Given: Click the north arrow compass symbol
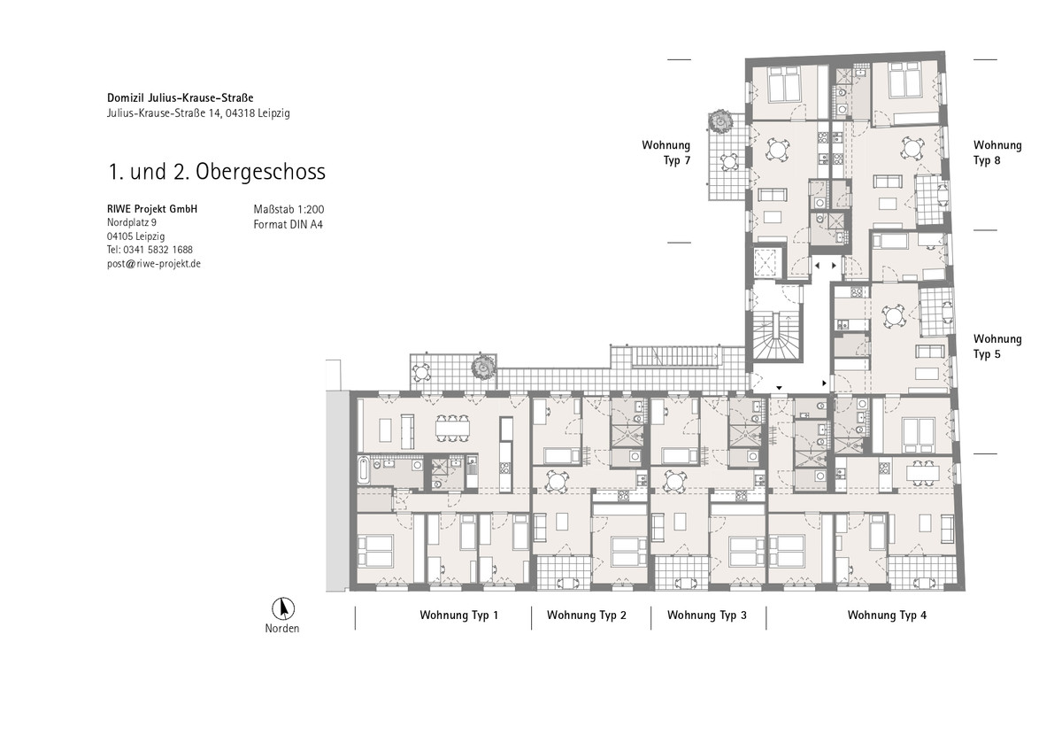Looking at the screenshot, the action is (x=283, y=608).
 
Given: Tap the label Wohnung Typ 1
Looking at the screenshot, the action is (x=458, y=616).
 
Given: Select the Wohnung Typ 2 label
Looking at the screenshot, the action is (x=587, y=616).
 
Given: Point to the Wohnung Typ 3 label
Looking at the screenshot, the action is (x=707, y=616).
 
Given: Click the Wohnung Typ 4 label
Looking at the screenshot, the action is (x=887, y=616).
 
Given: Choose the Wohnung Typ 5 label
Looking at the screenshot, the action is (x=997, y=346).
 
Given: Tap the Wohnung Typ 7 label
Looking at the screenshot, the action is (x=666, y=152).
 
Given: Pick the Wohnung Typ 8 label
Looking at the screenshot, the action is (x=997, y=152).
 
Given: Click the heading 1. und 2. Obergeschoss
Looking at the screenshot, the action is (x=217, y=172).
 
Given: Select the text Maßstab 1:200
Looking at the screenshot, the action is (x=289, y=209).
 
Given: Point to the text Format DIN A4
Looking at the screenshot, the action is (x=288, y=224).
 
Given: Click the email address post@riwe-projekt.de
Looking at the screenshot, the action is (x=154, y=264).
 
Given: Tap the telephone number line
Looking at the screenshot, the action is (x=150, y=250).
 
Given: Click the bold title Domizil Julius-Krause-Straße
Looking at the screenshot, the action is (x=181, y=97).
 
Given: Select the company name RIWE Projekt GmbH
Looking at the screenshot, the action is (x=152, y=209).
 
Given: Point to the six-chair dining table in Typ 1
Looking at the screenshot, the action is (x=453, y=429).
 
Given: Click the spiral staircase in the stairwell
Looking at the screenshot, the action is (x=776, y=337).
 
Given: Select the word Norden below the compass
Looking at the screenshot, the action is (x=282, y=629).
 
